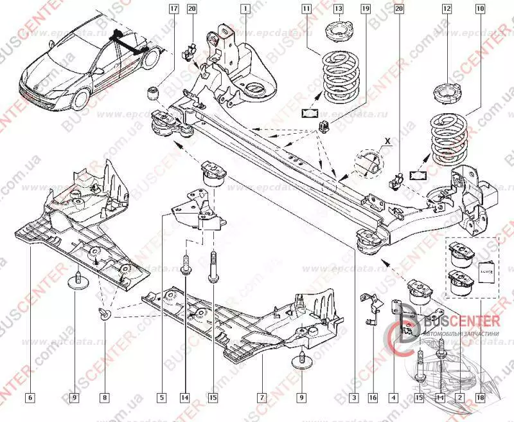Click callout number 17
pos(173,9)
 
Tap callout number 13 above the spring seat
pos(339,9)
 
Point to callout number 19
pos(366,9)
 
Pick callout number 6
pos(30,398)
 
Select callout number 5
pos(163,398)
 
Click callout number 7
pos(261,398)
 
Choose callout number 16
pos(372,398)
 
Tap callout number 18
pos(479,398)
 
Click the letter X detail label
pos(387,139)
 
